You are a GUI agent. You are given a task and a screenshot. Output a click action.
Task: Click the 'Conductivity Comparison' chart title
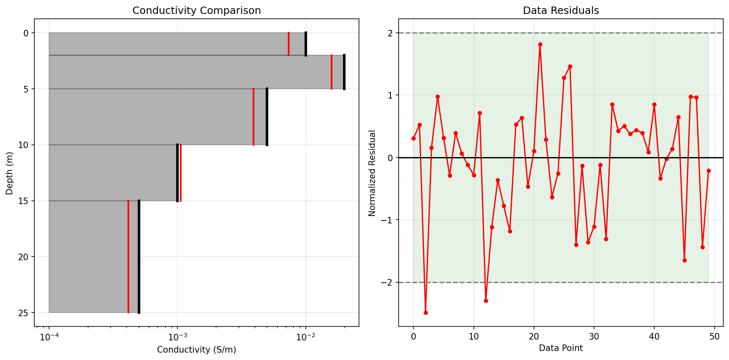coord(197,11)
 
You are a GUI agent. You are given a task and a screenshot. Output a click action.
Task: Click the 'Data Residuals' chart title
coord(561,11)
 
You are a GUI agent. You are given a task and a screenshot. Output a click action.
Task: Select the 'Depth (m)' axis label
coord(9,173)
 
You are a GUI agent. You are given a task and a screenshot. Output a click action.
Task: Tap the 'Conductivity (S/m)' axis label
coord(197,350)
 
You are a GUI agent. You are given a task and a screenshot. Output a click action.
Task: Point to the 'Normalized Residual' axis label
coord(372,173)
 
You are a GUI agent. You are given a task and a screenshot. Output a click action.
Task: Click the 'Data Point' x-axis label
coord(561,348)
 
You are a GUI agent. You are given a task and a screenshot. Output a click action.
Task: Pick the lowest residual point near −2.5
coord(426,313)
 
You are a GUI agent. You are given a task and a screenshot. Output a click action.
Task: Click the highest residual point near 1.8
coord(540,44)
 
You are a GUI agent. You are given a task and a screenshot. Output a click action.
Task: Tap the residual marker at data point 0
coord(413,138)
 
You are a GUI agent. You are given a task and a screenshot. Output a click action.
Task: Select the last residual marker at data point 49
coord(709,171)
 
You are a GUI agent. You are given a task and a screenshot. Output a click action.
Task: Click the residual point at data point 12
coord(486,301)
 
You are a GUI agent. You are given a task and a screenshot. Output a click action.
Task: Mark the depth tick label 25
coord(23,313)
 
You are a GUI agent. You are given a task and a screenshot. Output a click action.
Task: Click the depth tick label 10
coord(23,145)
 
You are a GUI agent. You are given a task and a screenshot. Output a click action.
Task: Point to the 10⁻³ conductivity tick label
coord(177,337)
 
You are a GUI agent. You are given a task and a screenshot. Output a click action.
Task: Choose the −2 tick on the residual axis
coord(386,282)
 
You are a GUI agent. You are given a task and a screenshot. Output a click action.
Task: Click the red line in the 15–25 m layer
coord(128,256)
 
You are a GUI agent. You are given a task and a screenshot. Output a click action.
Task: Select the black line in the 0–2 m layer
coord(306,44)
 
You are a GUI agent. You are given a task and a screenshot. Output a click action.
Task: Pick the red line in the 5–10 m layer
coord(253,117)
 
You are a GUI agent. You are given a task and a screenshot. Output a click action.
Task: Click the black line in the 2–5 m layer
coord(344,72)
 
